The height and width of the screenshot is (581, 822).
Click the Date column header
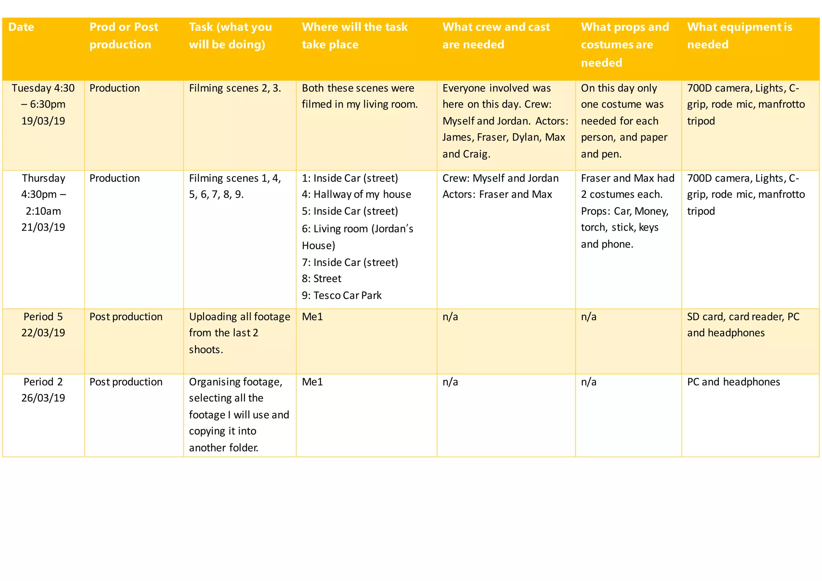21,27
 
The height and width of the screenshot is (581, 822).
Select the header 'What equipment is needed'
739,36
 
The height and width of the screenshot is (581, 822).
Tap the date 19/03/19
43,121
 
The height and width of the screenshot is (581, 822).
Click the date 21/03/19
43,227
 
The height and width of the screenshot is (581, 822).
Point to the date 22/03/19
43,333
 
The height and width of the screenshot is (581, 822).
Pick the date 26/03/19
43,398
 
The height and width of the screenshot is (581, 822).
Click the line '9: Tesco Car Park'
342,295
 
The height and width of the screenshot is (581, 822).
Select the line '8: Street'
321,278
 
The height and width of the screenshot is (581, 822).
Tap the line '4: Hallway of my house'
356,194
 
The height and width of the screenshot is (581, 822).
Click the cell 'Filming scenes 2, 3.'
235,88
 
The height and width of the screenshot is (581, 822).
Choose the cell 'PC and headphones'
733,382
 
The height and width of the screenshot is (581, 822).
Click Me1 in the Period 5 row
312,317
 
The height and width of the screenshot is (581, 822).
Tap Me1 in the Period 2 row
312,382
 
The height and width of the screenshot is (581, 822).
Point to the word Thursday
43,178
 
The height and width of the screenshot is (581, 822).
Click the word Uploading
213,317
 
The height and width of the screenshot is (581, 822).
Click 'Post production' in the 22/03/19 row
126,317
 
